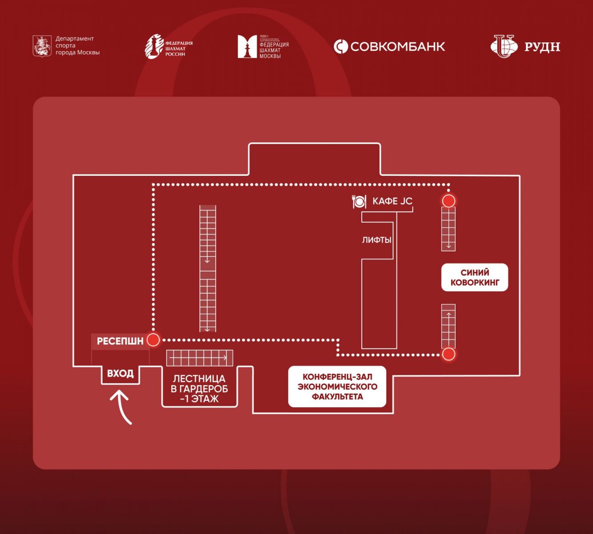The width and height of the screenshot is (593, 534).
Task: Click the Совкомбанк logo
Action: click(389, 46)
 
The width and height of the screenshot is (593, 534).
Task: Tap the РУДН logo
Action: click(525, 46)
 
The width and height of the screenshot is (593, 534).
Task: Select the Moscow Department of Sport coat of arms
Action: click(42, 46)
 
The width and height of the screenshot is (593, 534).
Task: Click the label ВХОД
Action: click(120, 373)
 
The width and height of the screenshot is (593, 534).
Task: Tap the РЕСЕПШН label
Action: click(120, 341)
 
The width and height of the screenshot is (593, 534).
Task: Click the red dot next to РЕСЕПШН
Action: click(153, 340)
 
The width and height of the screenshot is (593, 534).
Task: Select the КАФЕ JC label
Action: click(392, 201)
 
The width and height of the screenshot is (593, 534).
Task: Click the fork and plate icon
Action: click(359, 202)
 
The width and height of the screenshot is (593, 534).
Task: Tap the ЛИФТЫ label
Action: click(376, 240)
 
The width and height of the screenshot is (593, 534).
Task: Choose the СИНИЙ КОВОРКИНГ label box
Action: click(475, 277)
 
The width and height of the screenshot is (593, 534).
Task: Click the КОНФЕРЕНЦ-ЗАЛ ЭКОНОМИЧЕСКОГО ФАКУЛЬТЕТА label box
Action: click(337, 386)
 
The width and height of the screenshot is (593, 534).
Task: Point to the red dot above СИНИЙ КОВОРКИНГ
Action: click(448, 201)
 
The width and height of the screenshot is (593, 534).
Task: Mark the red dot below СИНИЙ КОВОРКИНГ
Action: click(448, 354)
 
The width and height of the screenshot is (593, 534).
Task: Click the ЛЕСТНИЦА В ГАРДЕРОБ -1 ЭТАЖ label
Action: click(199, 388)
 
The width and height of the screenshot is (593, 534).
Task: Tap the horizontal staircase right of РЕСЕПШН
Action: click(199, 357)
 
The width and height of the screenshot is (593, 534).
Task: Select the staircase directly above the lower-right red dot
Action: click(448, 326)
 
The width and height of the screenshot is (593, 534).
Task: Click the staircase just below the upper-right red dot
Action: click(448, 229)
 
